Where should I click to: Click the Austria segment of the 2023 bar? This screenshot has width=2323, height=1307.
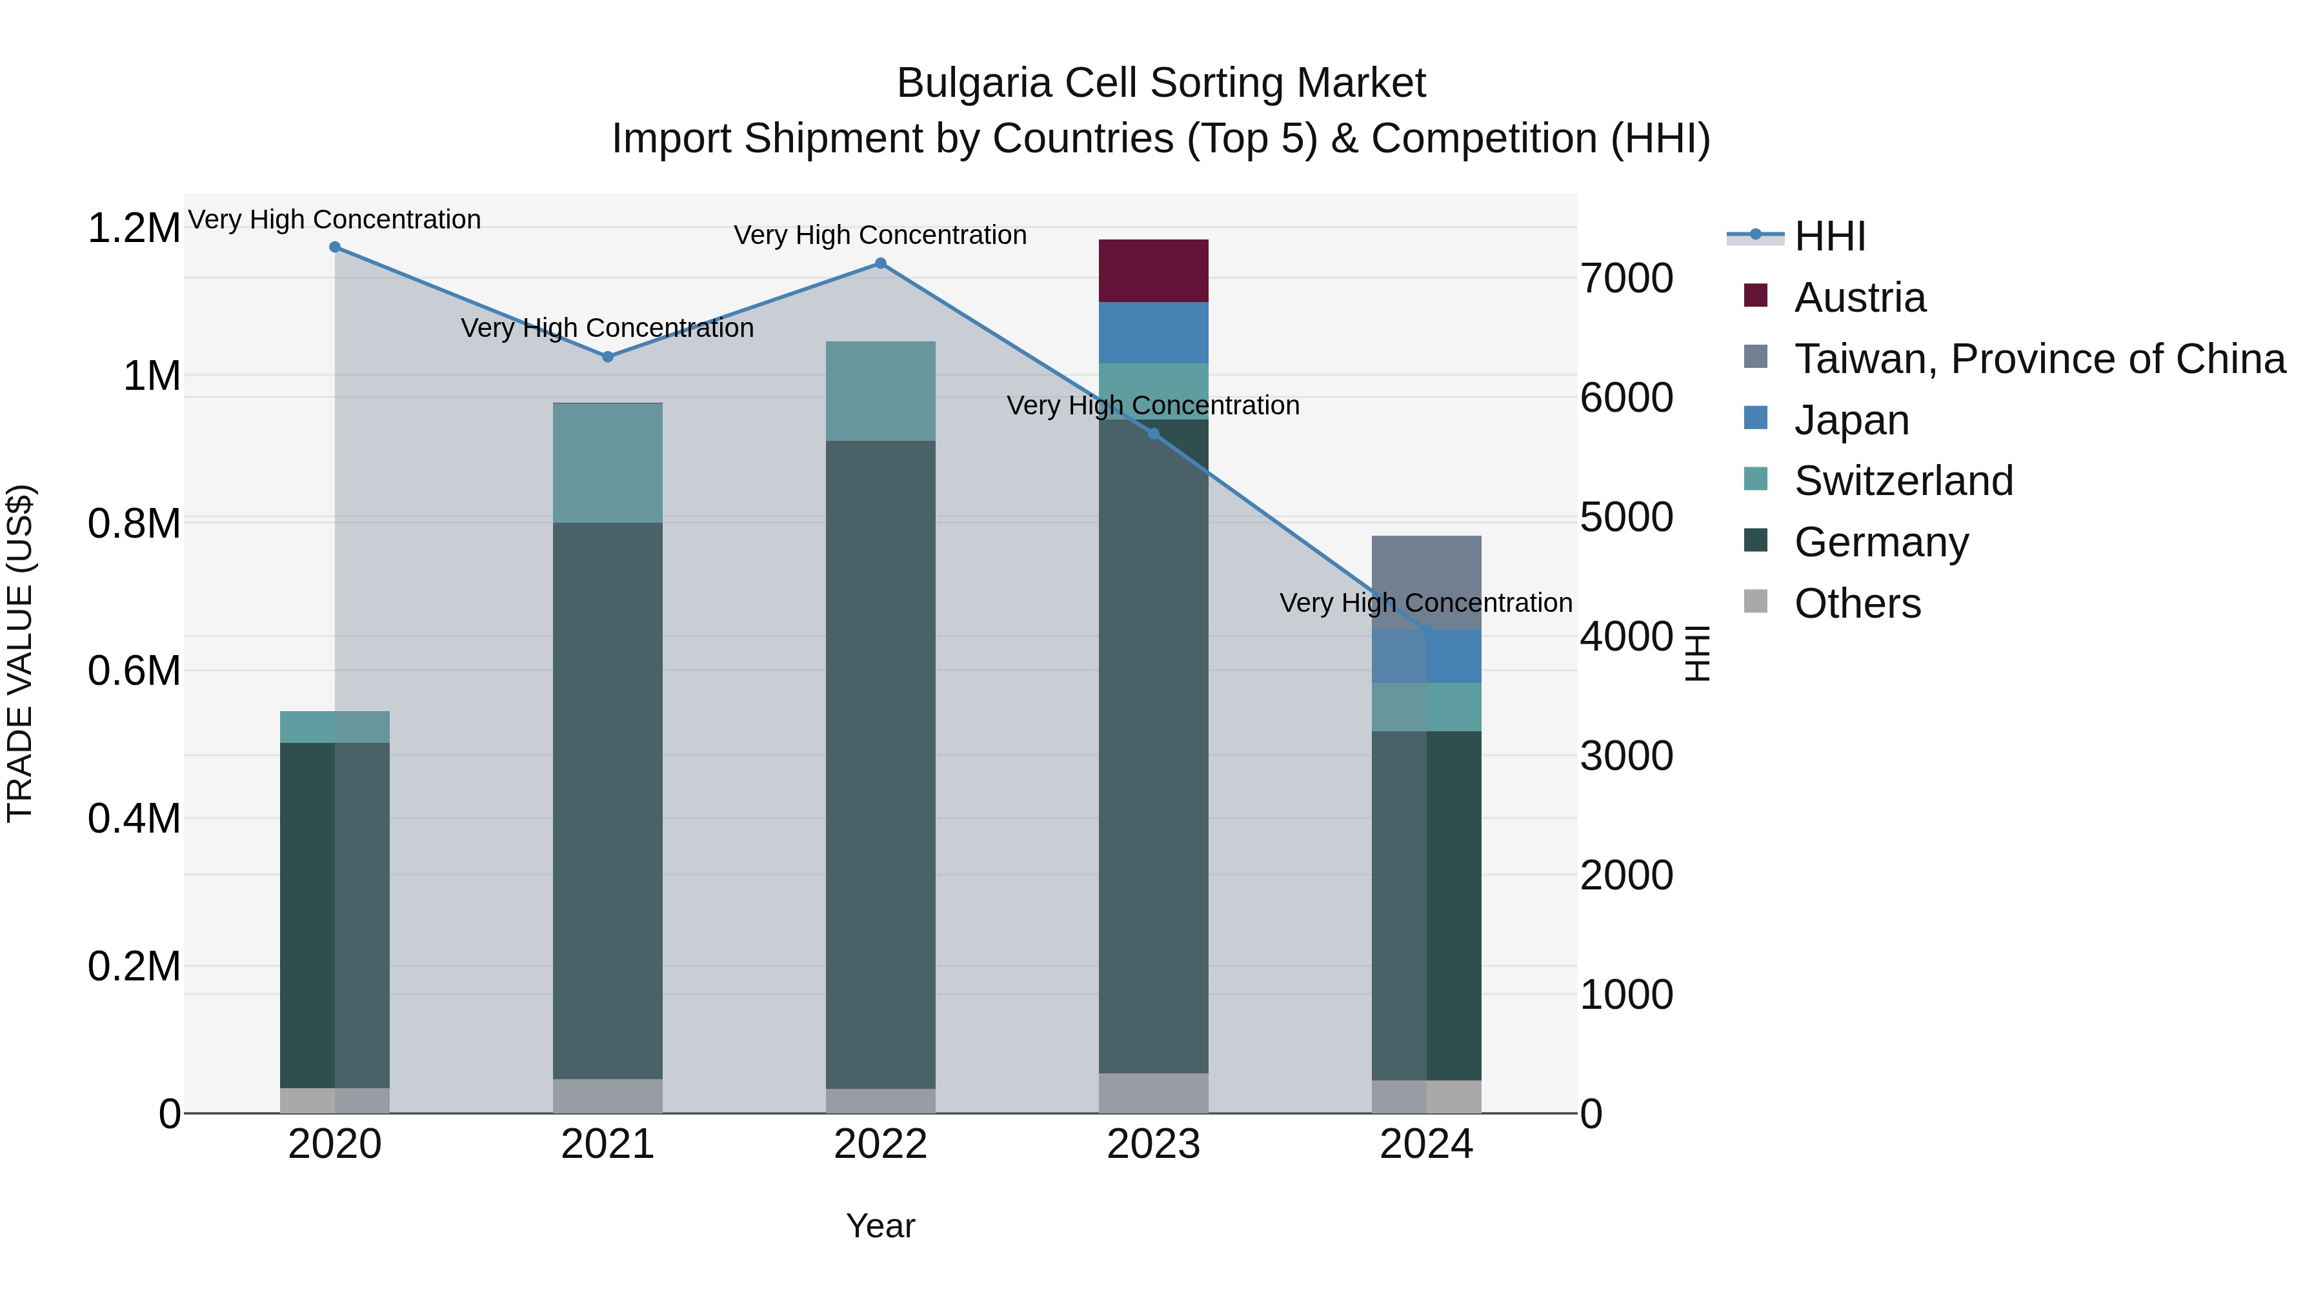(x=1152, y=270)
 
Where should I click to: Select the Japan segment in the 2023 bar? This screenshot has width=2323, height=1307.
(x=1152, y=333)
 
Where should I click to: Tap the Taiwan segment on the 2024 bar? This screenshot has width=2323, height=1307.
(x=1425, y=577)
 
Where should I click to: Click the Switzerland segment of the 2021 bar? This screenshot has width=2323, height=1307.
(x=607, y=463)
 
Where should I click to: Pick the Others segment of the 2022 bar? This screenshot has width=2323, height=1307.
(x=880, y=1100)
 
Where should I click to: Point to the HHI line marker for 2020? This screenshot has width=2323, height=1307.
(x=334, y=247)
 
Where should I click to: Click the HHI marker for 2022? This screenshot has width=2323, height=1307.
(x=881, y=263)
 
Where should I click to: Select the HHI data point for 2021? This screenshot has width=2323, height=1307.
(x=608, y=357)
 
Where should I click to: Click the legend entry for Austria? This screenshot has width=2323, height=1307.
(x=1860, y=298)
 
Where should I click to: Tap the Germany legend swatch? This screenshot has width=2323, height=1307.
(x=1756, y=542)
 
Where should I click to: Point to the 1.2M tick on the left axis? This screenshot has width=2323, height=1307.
(x=134, y=228)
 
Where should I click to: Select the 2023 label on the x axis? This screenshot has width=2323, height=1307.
(x=1152, y=1144)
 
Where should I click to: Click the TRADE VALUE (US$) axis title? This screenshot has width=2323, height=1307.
(x=20, y=653)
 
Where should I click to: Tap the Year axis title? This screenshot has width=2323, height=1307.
(x=880, y=1226)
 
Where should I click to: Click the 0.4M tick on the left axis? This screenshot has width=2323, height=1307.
(x=134, y=818)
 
